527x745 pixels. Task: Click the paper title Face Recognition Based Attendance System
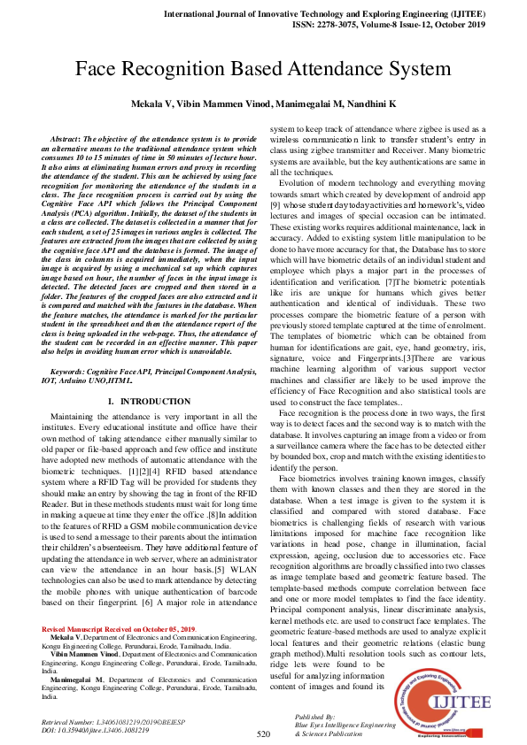tap(263, 69)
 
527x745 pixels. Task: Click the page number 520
tap(263, 733)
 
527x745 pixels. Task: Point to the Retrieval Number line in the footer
tap(105, 722)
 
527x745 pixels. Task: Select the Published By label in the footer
tap(316, 717)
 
